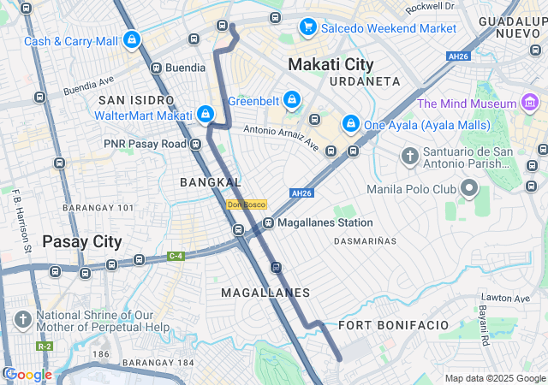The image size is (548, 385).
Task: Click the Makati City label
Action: (331, 64)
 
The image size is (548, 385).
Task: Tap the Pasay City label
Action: (82, 241)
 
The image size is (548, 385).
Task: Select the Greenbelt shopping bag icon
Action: (292, 100)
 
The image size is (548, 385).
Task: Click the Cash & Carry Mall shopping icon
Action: (131, 39)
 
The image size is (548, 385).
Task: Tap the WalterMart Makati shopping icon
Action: (205, 114)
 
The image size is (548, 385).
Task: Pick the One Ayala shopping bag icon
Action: (350, 124)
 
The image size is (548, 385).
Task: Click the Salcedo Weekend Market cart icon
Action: (307, 27)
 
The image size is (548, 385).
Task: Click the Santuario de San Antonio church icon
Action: (410, 157)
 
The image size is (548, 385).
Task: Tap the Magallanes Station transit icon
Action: (268, 222)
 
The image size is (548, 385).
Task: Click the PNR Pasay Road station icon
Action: (196, 144)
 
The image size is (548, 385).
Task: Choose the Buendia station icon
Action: (156, 68)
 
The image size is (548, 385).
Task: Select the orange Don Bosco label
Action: (247, 204)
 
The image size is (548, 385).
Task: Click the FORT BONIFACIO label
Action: (393, 325)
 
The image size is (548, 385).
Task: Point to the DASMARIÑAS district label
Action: (365, 241)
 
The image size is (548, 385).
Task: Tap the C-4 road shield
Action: (176, 255)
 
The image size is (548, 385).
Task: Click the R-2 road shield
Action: (45, 346)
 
